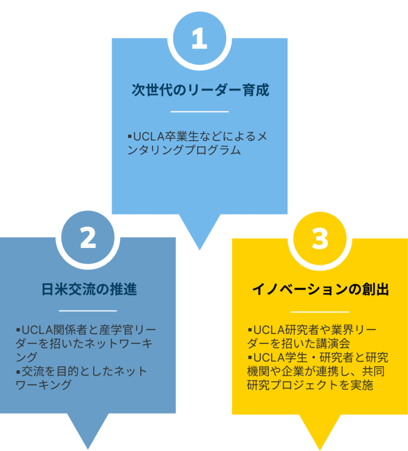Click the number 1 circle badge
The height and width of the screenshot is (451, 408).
coord(199,39)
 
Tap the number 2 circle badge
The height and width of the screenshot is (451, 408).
coord(88,238)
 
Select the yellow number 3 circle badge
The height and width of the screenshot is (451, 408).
coord(320,239)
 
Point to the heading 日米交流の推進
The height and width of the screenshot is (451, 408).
coord(89,289)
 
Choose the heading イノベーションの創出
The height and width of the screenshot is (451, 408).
coord(320,290)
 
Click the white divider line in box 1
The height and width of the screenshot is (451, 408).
coord(199,112)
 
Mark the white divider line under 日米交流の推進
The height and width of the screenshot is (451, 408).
coord(88,311)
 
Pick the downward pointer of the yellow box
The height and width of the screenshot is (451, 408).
coord(320,432)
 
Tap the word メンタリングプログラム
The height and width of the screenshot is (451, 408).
coord(184,150)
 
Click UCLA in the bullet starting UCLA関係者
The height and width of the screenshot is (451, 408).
coord(37,329)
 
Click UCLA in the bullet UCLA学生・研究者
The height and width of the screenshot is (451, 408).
coord(269,357)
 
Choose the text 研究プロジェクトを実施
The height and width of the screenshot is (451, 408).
coord(310,385)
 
